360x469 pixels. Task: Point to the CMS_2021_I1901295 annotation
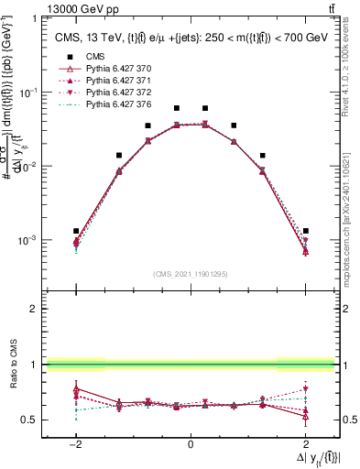click(190, 274)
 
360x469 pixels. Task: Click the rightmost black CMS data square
click(305, 231)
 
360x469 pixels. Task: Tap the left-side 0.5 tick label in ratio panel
click(30, 420)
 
